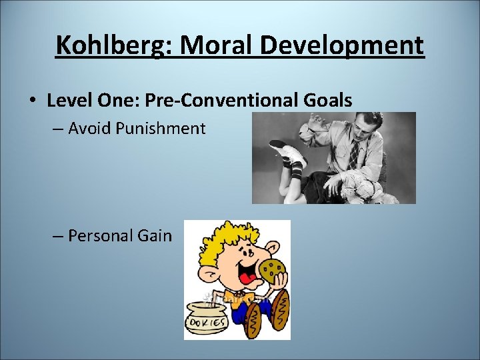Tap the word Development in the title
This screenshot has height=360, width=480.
coord(341,46)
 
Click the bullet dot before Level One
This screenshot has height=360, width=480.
coord(32,101)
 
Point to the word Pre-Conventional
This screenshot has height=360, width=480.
coord(219,101)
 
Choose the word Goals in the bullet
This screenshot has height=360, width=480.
coord(327,101)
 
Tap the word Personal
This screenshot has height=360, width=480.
coord(101,235)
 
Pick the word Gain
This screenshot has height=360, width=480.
coord(155,235)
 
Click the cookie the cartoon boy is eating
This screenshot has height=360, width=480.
coord(272,269)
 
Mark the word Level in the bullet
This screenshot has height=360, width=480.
coord(68,101)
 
